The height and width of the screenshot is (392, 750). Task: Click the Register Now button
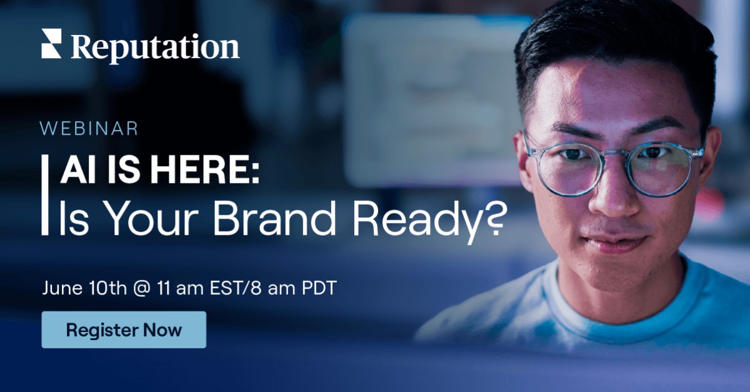coord(124,330)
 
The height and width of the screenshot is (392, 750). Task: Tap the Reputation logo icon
coord(51,44)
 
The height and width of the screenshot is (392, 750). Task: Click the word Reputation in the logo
coord(155,47)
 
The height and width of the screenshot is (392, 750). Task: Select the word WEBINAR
coord(89,129)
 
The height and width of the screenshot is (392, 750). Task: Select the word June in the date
coord(61,288)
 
